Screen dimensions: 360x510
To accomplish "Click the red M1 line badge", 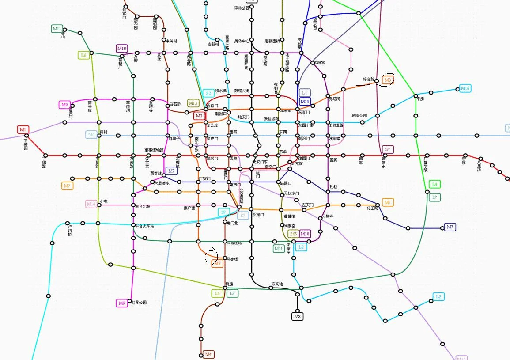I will pyautogui.click(x=23, y=129).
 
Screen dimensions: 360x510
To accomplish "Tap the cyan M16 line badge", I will pyautogui.click(x=465, y=88).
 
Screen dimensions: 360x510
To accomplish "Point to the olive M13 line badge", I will pyautogui.click(x=193, y=103).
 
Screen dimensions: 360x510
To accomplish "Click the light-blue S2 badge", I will pyautogui.click(x=208, y=93).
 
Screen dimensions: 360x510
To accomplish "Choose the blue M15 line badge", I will pyautogui.click(x=305, y=102).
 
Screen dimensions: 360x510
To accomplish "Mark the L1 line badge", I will pyautogui.click(x=305, y=93).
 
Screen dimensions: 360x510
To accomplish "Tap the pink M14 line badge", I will pyautogui.click(x=91, y=204).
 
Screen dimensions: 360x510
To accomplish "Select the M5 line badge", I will pyautogui.click(x=293, y=234).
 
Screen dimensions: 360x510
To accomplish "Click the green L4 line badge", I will pyautogui.click(x=434, y=184).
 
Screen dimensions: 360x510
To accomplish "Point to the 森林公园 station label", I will pyautogui.click(x=242, y=8).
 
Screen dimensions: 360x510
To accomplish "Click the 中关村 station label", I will pyautogui.click(x=171, y=41).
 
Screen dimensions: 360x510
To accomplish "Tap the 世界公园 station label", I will pyautogui.click(x=139, y=303).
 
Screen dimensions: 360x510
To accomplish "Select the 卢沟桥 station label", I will pyautogui.click(x=70, y=230).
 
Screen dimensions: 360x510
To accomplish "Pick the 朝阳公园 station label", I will pyautogui.click(x=359, y=116).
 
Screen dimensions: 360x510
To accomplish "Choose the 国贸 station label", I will pyautogui.click(x=333, y=160).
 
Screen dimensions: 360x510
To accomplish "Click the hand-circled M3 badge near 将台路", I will pyautogui.click(x=387, y=80).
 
